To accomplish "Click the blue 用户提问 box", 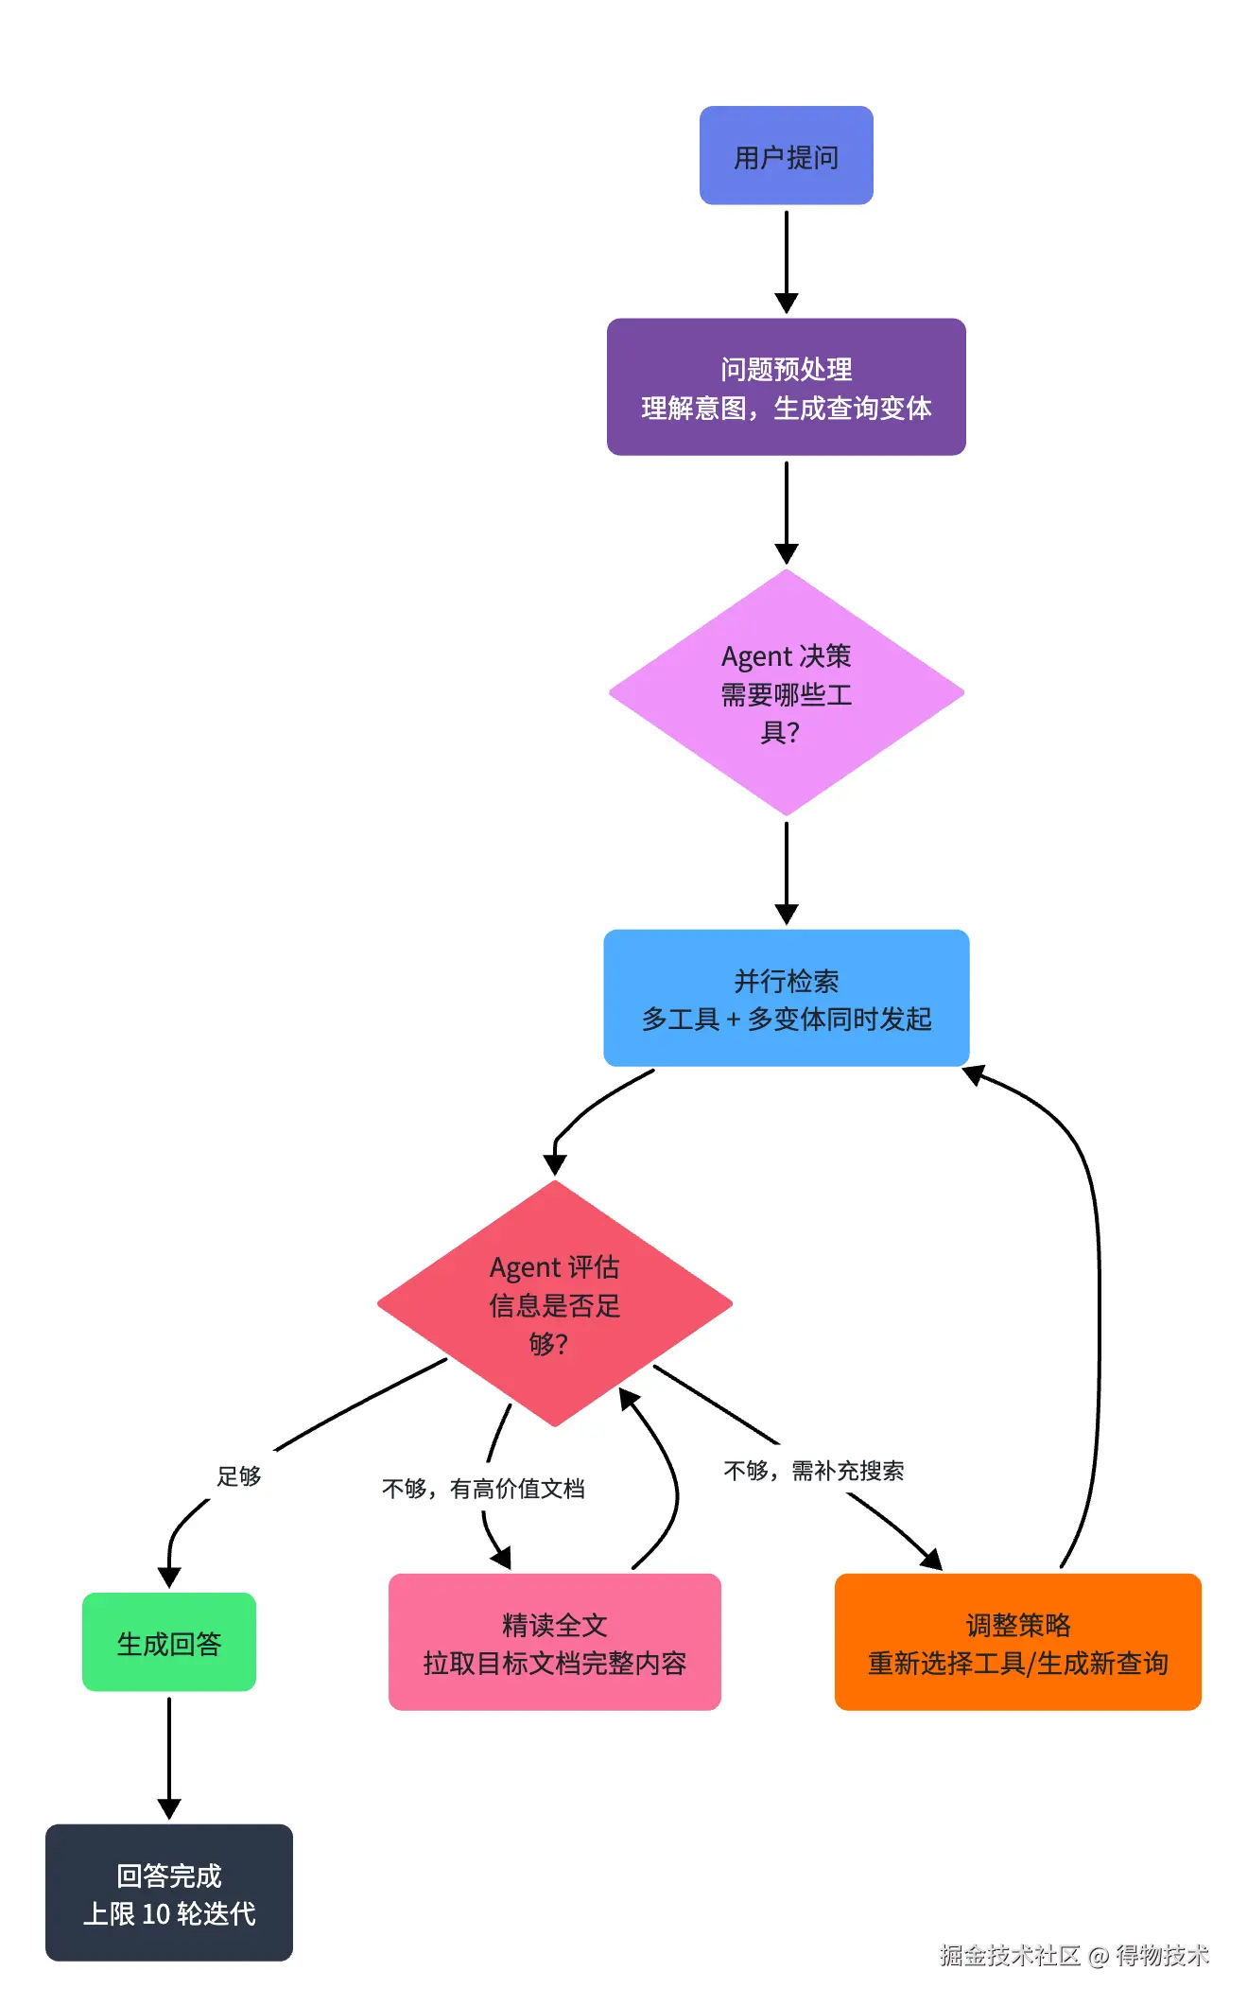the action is (786, 155).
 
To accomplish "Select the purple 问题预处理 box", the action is (786, 387).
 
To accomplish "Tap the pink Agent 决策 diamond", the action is (786, 692).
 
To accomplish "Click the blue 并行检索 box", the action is (786, 998).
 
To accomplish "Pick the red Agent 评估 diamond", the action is (555, 1303).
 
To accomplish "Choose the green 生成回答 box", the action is (169, 1642).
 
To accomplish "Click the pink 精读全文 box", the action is (555, 1642).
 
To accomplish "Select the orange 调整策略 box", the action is (1018, 1642).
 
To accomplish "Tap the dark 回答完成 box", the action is (169, 1893).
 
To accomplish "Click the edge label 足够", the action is (239, 1476).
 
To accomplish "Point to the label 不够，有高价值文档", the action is (483, 1489).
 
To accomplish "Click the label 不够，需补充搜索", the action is (814, 1471).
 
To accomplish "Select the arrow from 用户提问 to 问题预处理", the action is (786, 261).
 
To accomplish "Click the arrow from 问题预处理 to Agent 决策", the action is (786, 512).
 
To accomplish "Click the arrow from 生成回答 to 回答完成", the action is (169, 1757).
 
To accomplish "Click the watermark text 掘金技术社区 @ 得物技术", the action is (1074, 1956).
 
